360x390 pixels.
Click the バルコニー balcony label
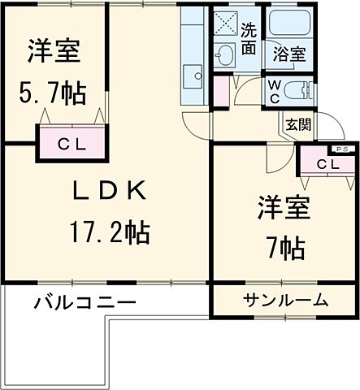85,303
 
